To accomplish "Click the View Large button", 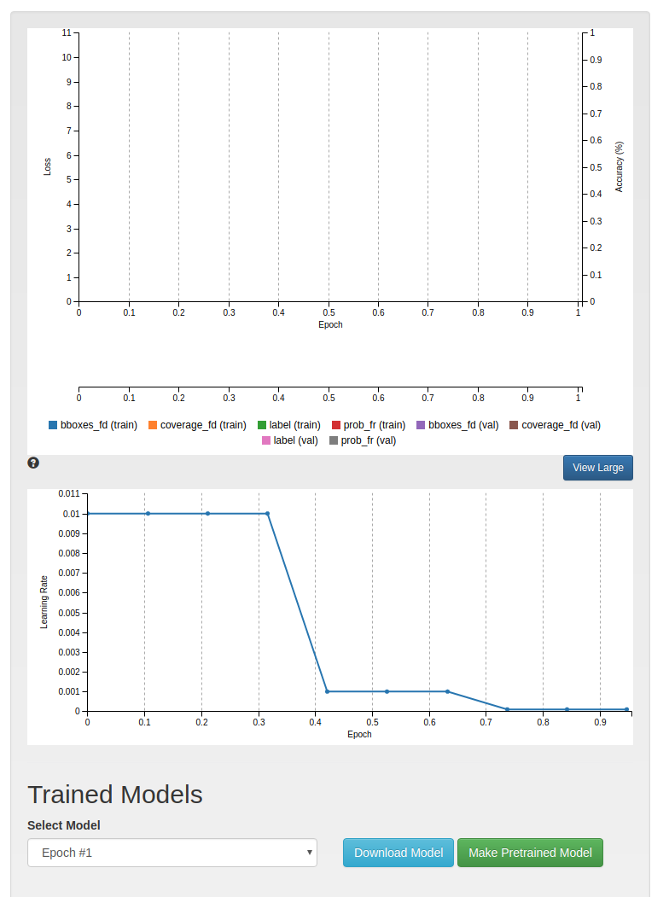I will coord(597,468).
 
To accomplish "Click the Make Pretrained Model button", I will coord(530,853).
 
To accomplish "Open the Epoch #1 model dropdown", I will coord(172,853).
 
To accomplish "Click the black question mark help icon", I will coord(33,463).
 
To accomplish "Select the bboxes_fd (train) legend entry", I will coord(93,425).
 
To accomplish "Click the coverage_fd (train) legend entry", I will coord(197,425).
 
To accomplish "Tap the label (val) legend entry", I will coord(289,440).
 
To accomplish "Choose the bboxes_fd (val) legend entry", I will coord(457,425).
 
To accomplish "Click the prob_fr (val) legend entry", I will coord(362,440).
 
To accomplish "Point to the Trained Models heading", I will coord(115,795).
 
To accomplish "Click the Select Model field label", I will coord(64,825).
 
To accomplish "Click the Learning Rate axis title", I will coord(44,603).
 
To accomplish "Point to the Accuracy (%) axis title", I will coord(620,166).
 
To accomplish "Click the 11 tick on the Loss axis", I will coord(67,33).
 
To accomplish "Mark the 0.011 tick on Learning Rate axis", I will coord(68,494).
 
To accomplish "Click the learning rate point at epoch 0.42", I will coord(327,691).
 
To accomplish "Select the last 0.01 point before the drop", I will coord(267,514).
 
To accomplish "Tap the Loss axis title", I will coord(48,166).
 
